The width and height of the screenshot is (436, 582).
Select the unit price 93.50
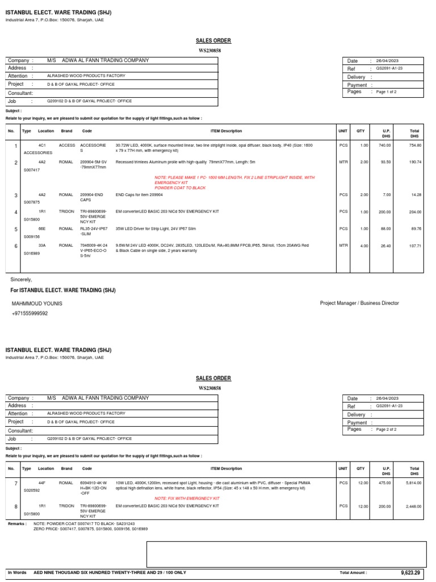(x=386, y=162)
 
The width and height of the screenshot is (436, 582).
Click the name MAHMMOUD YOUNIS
(x=37, y=304)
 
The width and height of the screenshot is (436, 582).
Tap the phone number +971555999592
(x=30, y=313)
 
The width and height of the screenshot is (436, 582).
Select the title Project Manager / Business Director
(x=359, y=304)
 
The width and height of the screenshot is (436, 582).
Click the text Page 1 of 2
(x=387, y=92)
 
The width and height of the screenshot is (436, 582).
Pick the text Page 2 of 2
(x=387, y=430)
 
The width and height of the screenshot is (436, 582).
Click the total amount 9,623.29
(x=410, y=572)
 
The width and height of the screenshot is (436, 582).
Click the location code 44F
(x=41, y=482)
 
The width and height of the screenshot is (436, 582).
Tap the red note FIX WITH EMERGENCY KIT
(x=187, y=498)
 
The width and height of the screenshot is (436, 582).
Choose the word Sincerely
(x=22, y=280)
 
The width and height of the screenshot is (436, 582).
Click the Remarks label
(x=17, y=523)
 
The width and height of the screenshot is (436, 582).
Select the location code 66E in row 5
(x=41, y=229)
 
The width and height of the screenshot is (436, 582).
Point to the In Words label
(x=17, y=572)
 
